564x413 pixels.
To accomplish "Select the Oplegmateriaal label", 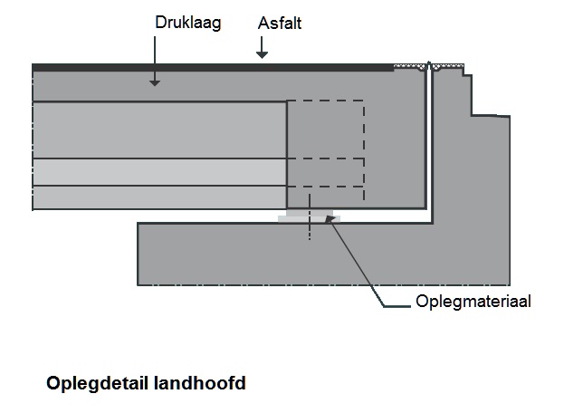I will pyautogui.click(x=473, y=302).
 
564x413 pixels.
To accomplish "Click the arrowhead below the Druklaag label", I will pyautogui.click(x=155, y=82).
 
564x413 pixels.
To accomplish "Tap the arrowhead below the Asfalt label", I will pyautogui.click(x=262, y=55).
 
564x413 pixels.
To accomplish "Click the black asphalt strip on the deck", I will pyautogui.click(x=208, y=67).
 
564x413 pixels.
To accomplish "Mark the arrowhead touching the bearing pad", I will pyautogui.click(x=332, y=219).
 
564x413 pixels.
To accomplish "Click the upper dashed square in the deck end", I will pyautogui.click(x=326, y=129).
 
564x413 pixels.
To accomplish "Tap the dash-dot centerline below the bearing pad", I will pyautogui.click(x=309, y=230).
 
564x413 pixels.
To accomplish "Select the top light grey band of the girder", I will pyautogui.click(x=158, y=130).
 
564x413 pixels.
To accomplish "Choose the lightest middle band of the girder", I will pyautogui.click(x=158, y=172).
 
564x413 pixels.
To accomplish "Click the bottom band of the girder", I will pyautogui.click(x=158, y=197).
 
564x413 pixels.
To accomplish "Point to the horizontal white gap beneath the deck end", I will pyautogui.click(x=380, y=217).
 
